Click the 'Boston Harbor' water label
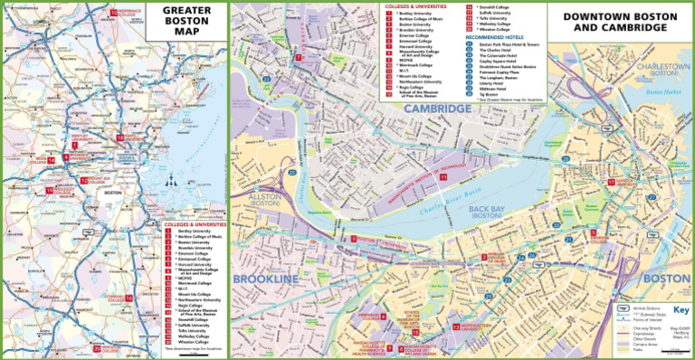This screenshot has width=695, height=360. pyautogui.click(x=663, y=92)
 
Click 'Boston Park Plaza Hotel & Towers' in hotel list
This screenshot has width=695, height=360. pyautogui.click(x=509, y=44)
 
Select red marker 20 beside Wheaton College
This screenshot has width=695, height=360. pyautogui.click(x=97, y=348)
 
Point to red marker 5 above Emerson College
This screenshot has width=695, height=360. pyautogui.click(x=593, y=232)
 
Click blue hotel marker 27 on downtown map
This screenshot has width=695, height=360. pyautogui.click(x=652, y=197)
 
